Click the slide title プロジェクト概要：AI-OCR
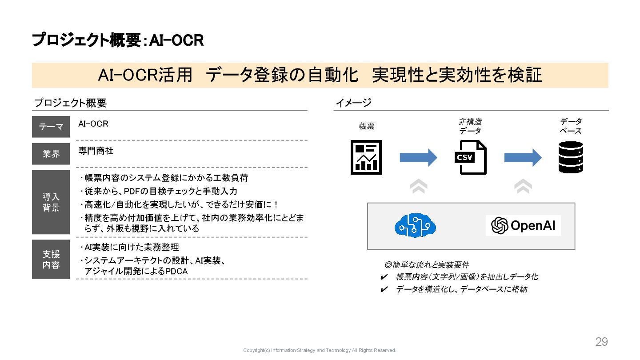(118, 40)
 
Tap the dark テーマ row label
(51, 127)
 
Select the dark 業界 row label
(51, 154)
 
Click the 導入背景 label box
(51, 202)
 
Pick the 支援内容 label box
(51, 260)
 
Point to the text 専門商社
(96, 151)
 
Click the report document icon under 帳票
(366, 157)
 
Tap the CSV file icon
(471, 157)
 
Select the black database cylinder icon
(571, 157)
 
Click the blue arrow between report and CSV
(418, 158)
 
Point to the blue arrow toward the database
(523, 158)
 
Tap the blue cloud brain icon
(415, 225)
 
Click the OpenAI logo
(523, 225)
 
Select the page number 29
(601, 342)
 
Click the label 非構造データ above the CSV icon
(470, 126)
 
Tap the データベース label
(571, 126)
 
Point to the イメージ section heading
(353, 103)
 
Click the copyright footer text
(320, 350)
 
